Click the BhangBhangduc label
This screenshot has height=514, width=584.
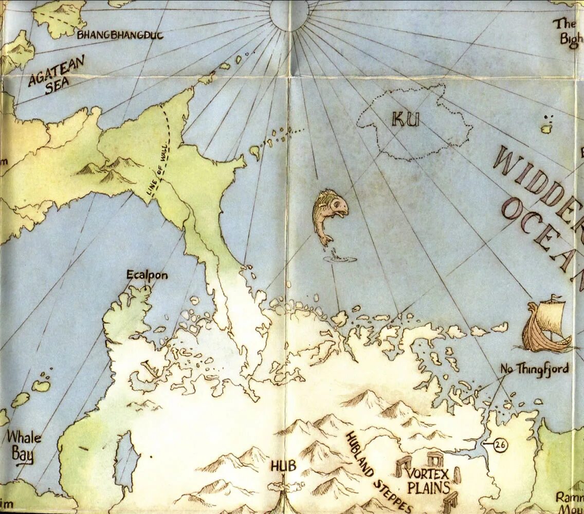click(120, 35)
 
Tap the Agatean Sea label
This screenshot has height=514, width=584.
click(57, 75)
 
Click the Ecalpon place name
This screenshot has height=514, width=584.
click(147, 276)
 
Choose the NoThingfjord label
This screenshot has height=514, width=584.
click(535, 369)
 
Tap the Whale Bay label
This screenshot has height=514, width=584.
click(23, 446)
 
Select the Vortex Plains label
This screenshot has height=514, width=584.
click(428, 481)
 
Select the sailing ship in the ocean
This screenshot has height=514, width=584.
click(546, 326)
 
